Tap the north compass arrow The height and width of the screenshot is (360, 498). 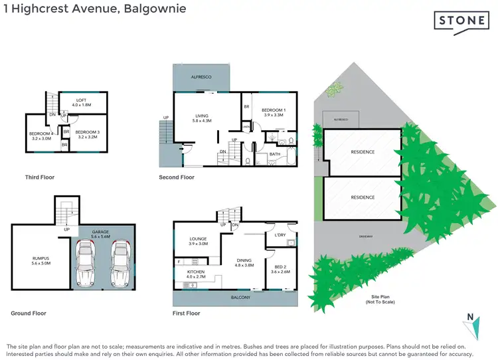tap(471, 325)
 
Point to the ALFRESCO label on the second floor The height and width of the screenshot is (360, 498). tap(201, 78)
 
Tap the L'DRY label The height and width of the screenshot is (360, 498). tap(280, 235)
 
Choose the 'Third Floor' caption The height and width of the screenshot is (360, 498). tap(39, 177)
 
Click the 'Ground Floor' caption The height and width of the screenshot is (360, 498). tap(29, 313)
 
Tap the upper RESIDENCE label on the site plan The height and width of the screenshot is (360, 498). tap(363, 152)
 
